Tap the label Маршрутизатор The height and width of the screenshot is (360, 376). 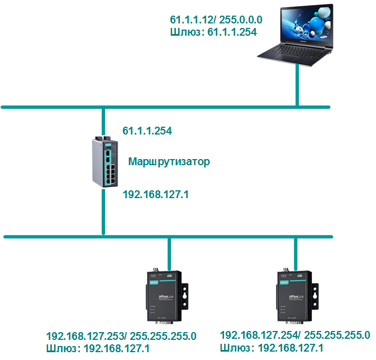pos(169,162)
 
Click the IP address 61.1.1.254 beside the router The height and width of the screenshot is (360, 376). pos(147,131)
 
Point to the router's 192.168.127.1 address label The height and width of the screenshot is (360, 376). pos(155,194)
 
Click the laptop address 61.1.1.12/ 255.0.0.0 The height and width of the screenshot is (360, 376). pos(216,20)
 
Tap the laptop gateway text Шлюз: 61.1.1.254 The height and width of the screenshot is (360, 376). pos(213,32)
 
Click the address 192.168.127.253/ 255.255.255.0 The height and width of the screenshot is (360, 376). pos(121,337)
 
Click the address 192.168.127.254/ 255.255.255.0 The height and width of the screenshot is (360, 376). pos(295,335)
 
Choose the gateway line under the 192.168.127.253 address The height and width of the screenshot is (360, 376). pos(98,349)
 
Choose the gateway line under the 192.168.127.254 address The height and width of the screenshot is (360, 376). pos(272,348)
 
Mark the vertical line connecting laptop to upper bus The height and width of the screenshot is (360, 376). pos(297,89)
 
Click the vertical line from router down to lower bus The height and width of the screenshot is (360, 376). pos(104,212)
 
